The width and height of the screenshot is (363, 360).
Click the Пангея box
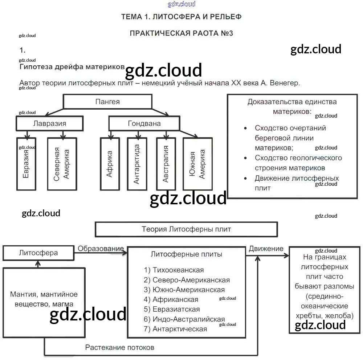click(x=107, y=102)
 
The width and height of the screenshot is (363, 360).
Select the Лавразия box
click(x=50, y=123)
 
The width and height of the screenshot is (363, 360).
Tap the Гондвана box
click(x=144, y=123)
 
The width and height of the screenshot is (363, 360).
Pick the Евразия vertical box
click(x=26, y=164)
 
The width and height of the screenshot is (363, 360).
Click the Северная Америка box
click(x=62, y=164)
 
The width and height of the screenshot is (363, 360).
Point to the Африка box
click(x=110, y=164)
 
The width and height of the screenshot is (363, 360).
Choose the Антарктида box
click(x=137, y=164)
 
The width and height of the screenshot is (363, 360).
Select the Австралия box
click(x=166, y=164)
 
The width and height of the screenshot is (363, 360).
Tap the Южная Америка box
click(x=197, y=164)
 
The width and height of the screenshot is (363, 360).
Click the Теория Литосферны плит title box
click(x=186, y=229)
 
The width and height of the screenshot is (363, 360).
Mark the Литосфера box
click(x=38, y=253)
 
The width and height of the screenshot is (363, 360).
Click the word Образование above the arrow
click(x=101, y=249)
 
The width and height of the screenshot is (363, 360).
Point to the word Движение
click(x=266, y=249)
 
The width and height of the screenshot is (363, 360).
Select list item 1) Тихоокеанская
click(x=174, y=270)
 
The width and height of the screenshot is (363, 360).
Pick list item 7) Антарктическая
click(x=175, y=329)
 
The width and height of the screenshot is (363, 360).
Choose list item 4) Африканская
click(x=171, y=299)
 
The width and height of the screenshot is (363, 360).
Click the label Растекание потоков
click(x=120, y=347)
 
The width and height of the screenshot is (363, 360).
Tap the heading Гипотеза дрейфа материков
click(x=72, y=67)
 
